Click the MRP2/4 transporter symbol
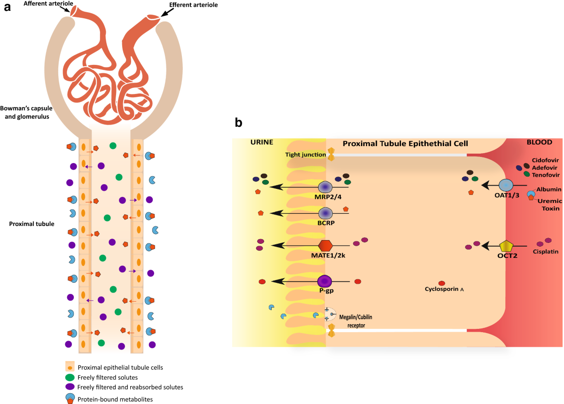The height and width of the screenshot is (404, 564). [325, 187]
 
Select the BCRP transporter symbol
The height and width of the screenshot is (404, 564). [326, 213]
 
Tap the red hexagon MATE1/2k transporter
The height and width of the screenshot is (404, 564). [325, 246]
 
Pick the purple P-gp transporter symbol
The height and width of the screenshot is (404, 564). [325, 281]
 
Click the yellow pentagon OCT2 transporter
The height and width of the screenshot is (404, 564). [506, 247]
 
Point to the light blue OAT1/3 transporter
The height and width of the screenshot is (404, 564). [506, 185]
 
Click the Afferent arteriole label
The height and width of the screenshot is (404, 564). [48, 4]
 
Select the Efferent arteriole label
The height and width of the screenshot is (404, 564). [193, 5]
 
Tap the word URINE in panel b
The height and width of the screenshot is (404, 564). [262, 142]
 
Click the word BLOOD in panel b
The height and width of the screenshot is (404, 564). [540, 142]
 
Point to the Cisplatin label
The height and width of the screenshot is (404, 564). [546, 251]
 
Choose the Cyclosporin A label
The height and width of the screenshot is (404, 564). [444, 289]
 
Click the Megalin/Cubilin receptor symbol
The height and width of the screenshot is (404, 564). [330, 314]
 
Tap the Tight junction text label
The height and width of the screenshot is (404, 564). [305, 155]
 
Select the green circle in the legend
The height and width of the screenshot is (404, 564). [70, 377]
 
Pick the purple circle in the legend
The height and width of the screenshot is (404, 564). [70, 387]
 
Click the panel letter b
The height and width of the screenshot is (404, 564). [238, 123]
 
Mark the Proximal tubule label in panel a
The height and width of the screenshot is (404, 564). [31, 224]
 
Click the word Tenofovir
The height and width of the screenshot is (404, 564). [546, 175]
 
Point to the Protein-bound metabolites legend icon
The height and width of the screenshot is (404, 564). [70, 398]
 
